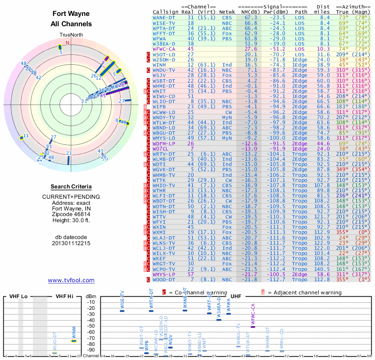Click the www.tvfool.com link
(x=71, y=280)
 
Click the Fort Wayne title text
(x=71, y=14)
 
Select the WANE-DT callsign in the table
(x=164, y=17)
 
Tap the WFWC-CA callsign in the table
(x=164, y=48)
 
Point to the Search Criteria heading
(x=71, y=187)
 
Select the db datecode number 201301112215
(x=71, y=243)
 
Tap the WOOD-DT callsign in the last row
(x=164, y=280)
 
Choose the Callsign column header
(x=165, y=12)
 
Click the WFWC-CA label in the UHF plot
(x=253, y=314)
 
